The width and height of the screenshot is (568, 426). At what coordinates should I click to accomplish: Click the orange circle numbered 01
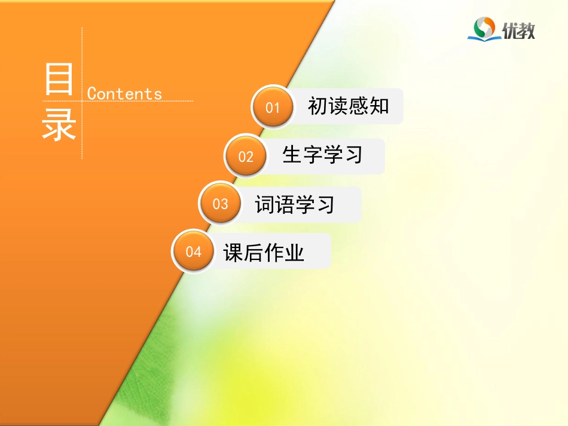point(273,108)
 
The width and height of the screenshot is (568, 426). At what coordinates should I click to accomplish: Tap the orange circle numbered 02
point(246,157)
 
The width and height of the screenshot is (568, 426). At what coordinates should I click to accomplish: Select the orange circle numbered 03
point(220,204)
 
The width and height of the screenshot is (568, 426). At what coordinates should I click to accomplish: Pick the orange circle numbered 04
point(193,252)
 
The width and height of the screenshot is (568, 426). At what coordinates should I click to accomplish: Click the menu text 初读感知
point(348,106)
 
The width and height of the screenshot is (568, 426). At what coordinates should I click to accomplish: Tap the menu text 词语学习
point(295,204)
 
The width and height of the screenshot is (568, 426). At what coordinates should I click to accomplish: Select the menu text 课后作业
point(264,253)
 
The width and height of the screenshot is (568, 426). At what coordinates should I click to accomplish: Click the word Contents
point(124,94)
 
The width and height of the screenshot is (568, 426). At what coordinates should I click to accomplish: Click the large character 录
point(59,124)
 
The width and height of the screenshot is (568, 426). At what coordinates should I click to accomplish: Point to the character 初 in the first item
point(317,106)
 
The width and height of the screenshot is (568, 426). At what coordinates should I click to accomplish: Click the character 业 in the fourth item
point(295,253)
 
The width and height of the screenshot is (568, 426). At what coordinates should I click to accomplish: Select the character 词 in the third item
point(264,204)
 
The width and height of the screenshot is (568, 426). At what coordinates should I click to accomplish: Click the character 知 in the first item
point(379,106)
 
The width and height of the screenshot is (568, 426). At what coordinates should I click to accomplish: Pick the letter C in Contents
point(92,94)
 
